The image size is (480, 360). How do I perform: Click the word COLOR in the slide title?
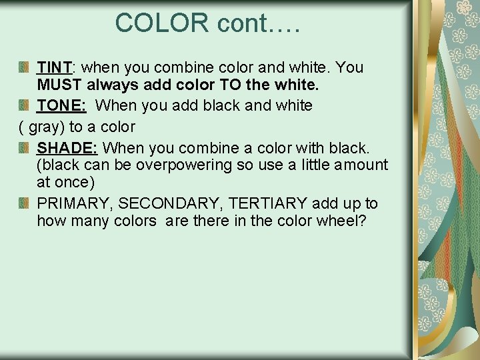162,23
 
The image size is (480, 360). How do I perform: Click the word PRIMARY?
75,204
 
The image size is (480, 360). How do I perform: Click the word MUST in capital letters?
59,85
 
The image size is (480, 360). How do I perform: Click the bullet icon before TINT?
24,67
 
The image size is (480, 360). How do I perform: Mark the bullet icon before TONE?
24,105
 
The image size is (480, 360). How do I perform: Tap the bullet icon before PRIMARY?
24,204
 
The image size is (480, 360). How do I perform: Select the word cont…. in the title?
259,23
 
